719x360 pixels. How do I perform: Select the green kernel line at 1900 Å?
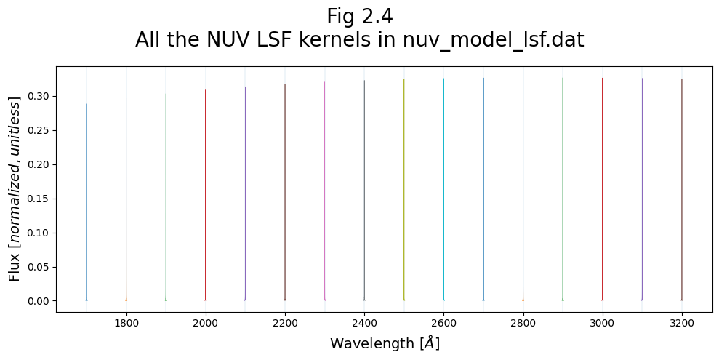coord(166,196)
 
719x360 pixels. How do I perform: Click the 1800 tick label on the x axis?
coord(126,324)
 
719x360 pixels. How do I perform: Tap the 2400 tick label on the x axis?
coord(364,324)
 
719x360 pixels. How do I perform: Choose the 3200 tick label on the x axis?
coord(681,324)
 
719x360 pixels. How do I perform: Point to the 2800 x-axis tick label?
coord(523,324)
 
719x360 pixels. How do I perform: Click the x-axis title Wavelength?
coord(385,343)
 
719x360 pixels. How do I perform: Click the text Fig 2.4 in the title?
coord(359,16)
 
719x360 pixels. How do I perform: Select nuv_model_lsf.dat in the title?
coord(493,40)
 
